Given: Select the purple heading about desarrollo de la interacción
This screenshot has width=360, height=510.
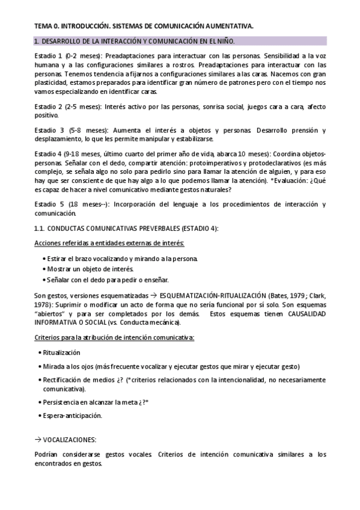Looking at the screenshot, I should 134,41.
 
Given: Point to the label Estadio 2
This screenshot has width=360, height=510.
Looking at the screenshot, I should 49,106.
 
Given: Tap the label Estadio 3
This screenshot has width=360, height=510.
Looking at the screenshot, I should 50,131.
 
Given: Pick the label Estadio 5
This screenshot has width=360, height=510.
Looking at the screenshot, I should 50,204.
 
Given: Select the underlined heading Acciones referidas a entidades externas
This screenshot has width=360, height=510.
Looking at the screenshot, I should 109,242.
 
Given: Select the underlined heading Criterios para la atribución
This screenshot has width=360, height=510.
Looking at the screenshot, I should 114,338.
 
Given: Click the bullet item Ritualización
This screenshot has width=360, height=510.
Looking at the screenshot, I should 62,352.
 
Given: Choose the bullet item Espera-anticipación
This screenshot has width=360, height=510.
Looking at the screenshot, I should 72,416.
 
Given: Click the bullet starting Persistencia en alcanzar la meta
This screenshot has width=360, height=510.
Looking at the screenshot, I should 96,401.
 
